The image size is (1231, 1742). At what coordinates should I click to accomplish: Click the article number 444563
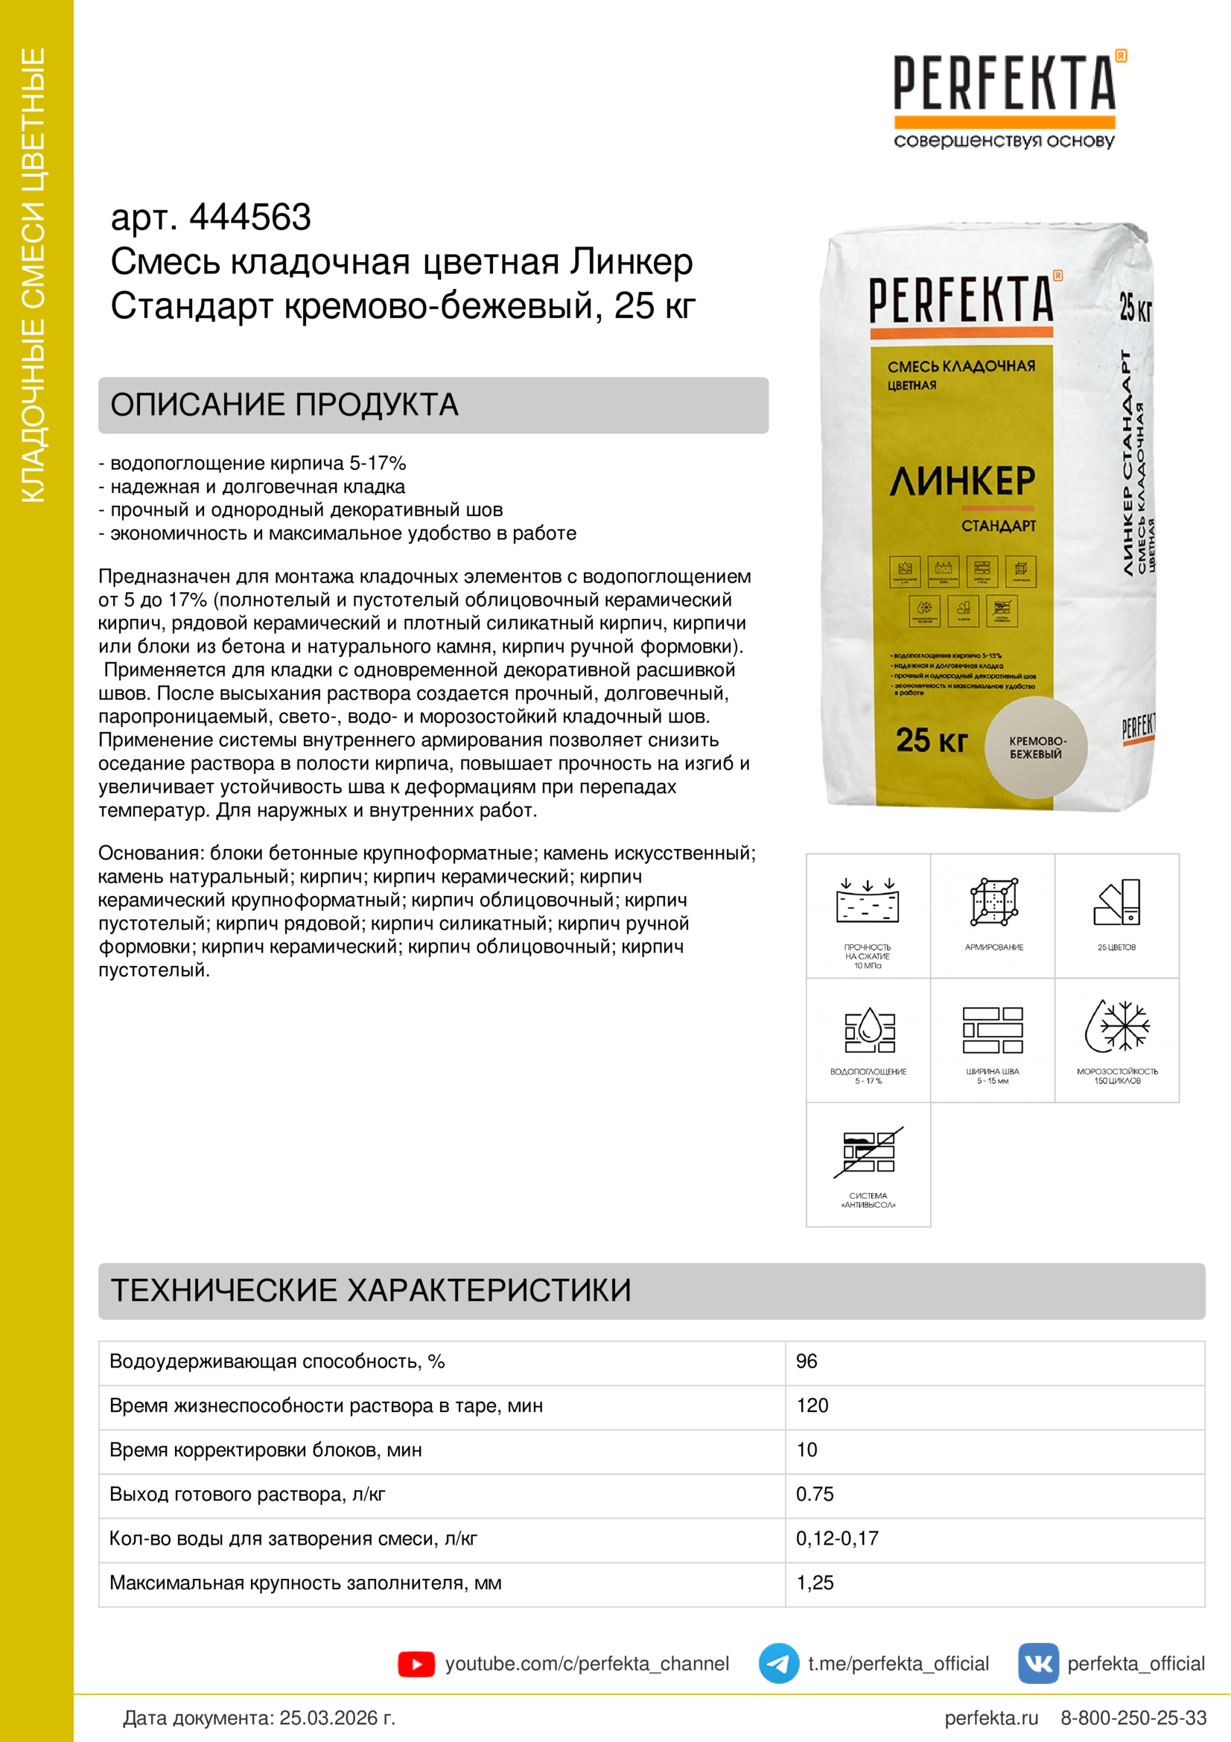click(x=249, y=217)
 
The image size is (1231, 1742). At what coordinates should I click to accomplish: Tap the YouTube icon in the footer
click(x=416, y=1664)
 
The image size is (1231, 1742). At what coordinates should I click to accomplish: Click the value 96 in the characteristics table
click(x=807, y=1362)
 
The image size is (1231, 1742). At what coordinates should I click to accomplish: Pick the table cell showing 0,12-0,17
click(x=836, y=1539)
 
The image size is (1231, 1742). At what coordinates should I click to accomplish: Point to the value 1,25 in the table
click(x=815, y=1583)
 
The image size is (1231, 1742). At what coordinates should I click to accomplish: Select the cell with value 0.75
click(x=815, y=1494)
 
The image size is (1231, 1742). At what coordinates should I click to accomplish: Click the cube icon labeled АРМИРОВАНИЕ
click(x=993, y=902)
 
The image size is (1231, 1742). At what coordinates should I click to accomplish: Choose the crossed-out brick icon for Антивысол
click(x=868, y=1152)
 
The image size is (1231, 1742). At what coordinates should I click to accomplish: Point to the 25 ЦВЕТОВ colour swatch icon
click(x=1117, y=902)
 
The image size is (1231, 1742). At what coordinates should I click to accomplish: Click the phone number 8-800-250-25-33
click(x=1133, y=1717)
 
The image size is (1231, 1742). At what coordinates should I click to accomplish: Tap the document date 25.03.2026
click(x=337, y=1717)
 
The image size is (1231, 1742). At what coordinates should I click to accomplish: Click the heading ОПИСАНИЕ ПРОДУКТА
click(x=284, y=405)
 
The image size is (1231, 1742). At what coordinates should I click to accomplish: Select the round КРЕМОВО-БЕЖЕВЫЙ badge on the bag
click(x=1036, y=747)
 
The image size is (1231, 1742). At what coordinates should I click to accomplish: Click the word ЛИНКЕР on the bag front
click(x=962, y=481)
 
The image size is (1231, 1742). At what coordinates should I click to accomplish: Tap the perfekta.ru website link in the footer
click(x=990, y=1717)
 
